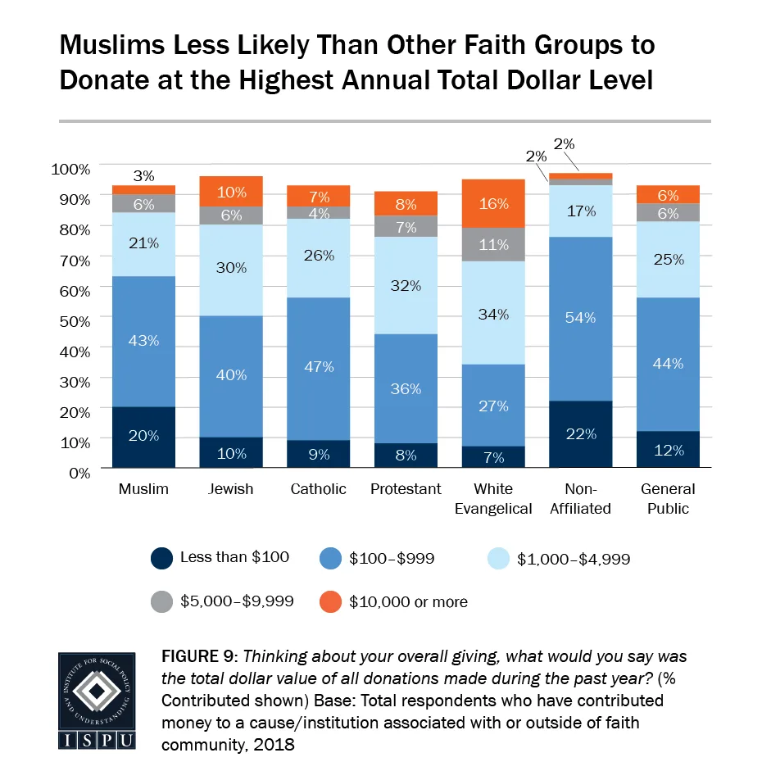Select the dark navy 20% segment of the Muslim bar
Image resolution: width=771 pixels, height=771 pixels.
coord(143,437)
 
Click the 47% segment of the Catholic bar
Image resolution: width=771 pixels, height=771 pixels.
coord(319,368)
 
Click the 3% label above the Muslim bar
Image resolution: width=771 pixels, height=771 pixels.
coord(143,175)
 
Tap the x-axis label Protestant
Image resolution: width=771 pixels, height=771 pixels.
coord(406,489)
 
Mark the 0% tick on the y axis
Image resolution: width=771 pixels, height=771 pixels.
coord(79,472)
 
